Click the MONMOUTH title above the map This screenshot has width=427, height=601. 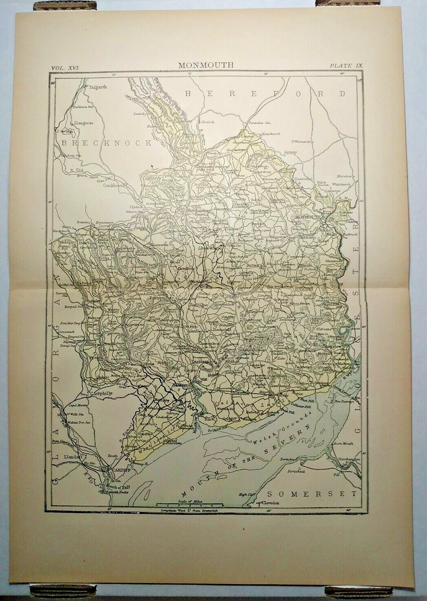coord(206,65)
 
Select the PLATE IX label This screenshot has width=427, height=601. coord(346,65)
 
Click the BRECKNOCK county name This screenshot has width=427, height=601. coord(107,143)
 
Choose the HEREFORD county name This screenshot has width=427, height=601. coord(265,93)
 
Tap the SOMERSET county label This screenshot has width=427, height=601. coord(311,494)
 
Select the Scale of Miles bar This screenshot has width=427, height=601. coord(189,505)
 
